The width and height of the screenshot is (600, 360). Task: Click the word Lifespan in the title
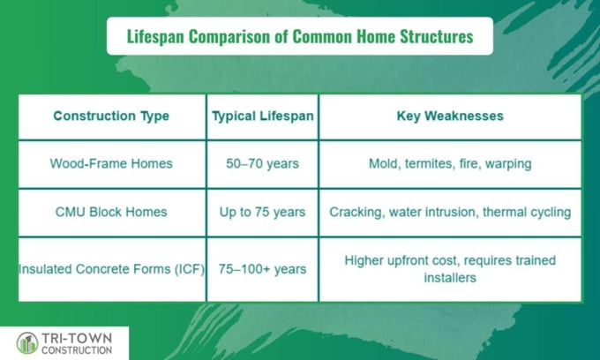tap(155, 37)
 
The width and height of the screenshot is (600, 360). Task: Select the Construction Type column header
tap(111, 116)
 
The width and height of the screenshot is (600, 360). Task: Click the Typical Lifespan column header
tap(263, 116)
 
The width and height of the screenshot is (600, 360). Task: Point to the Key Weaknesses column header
tap(450, 116)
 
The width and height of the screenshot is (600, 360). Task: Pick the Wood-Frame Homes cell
tap(111, 164)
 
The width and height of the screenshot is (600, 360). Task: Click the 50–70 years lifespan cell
tap(263, 164)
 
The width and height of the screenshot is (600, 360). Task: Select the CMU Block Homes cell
tap(111, 212)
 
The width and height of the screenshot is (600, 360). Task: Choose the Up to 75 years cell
tap(263, 212)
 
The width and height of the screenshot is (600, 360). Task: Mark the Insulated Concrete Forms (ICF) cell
tap(111, 269)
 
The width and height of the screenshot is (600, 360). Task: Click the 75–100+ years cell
tap(263, 269)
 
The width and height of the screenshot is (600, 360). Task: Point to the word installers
tap(450, 277)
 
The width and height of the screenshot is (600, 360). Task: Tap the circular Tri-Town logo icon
tap(27, 343)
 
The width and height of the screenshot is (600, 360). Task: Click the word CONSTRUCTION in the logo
tap(77, 350)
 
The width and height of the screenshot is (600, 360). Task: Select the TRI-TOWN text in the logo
tap(77, 338)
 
